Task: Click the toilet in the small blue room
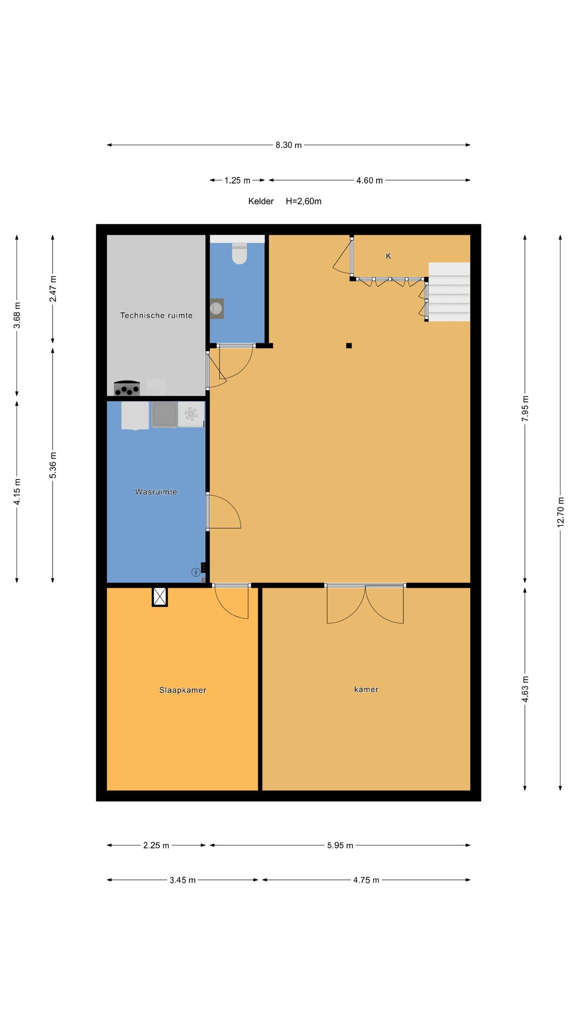(x=239, y=253)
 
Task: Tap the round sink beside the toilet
(x=216, y=308)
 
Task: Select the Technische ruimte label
(x=156, y=315)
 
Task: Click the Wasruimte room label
(x=156, y=492)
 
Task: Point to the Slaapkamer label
(x=183, y=690)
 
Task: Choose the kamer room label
(x=366, y=689)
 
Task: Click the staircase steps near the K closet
(x=449, y=292)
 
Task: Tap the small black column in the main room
(x=349, y=345)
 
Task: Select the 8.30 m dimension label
(x=288, y=145)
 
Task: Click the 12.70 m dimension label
(x=560, y=511)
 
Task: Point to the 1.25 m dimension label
(x=237, y=180)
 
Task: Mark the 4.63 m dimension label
(x=525, y=689)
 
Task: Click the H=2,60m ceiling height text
(x=304, y=201)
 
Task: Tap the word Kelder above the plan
(x=261, y=201)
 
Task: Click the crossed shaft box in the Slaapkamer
(x=160, y=597)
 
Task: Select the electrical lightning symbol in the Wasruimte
(x=195, y=572)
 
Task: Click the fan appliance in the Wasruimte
(x=191, y=414)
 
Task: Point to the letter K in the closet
(x=388, y=256)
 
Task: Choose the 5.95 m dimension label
(x=340, y=845)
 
